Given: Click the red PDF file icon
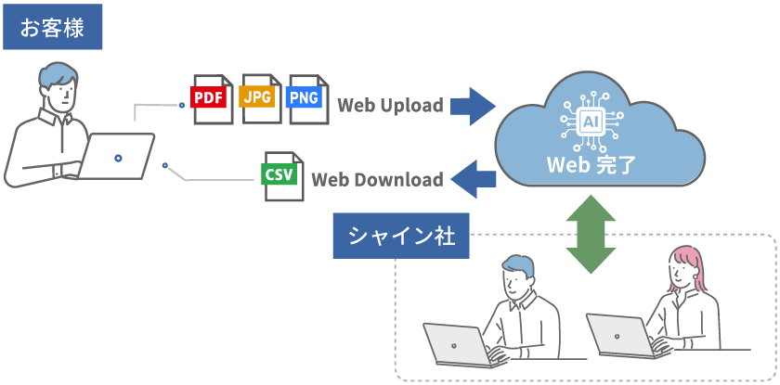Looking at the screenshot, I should (212, 98).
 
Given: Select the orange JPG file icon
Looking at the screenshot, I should (260, 96).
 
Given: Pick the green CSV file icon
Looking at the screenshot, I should (279, 176).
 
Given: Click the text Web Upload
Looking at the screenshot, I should (390, 106).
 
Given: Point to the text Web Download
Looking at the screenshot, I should (377, 180).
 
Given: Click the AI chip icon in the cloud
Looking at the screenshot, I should (590, 122).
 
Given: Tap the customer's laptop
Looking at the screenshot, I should (117, 157).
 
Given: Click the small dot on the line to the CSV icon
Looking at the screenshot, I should (164, 166).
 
